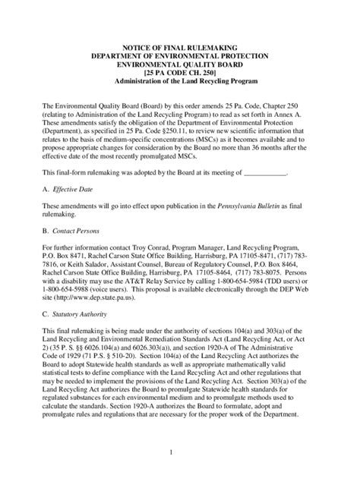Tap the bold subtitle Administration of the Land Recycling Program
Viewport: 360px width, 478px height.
coord(180,81)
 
